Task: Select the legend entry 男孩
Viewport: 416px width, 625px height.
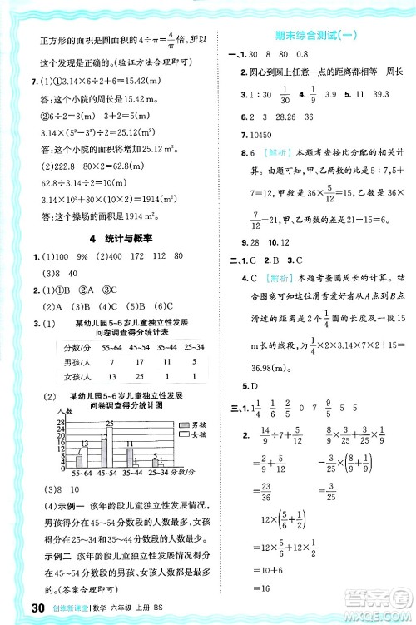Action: pyautogui.click(x=184, y=424)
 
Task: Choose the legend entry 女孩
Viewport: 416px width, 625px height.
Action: pyautogui.click(x=184, y=435)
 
